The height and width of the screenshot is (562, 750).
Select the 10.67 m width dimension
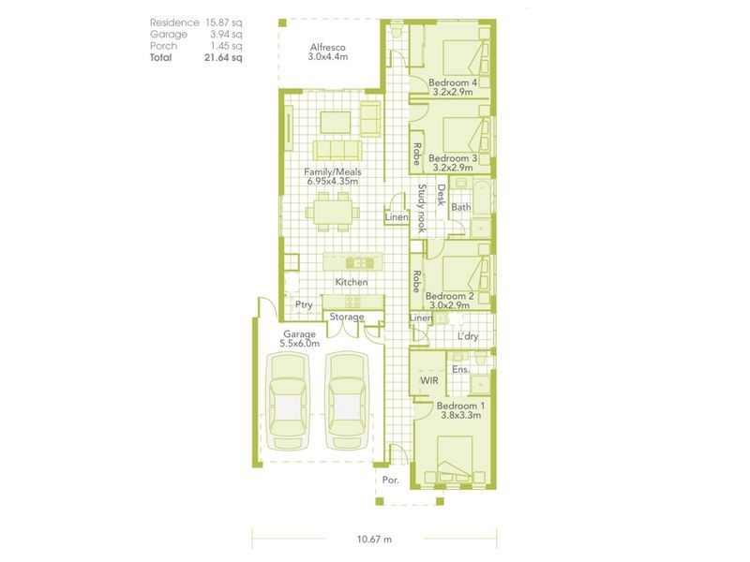[374, 540]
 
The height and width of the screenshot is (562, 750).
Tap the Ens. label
[460, 370]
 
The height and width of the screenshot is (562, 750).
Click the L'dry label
[467, 336]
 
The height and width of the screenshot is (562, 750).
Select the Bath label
[460, 206]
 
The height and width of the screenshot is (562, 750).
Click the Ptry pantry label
[304, 303]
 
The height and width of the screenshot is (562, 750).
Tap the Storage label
[346, 318]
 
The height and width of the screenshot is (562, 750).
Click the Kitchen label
[352, 282]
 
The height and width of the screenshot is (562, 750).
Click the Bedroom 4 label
[453, 83]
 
